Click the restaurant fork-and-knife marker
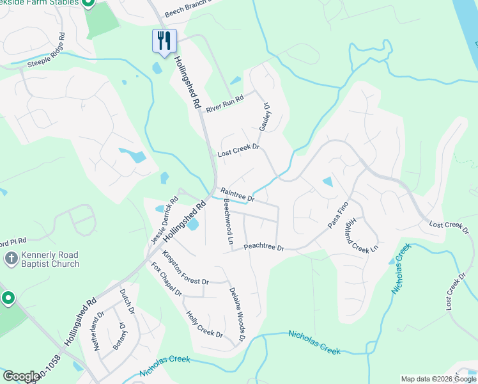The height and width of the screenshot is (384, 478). pyautogui.click(x=164, y=41)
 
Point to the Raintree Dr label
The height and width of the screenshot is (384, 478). pyautogui.click(x=237, y=195)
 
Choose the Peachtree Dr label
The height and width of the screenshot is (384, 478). pyautogui.click(x=263, y=246)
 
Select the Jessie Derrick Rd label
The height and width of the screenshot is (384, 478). pyautogui.click(x=164, y=221)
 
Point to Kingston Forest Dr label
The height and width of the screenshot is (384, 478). pyautogui.click(x=185, y=269)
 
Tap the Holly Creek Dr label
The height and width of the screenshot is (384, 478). pyautogui.click(x=204, y=324)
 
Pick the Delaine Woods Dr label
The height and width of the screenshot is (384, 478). pyautogui.click(x=238, y=313)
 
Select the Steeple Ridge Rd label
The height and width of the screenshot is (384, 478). pyautogui.click(x=45, y=49)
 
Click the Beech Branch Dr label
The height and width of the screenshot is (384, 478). pyautogui.click(x=187, y=8)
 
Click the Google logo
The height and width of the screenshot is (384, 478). pyautogui.click(x=20, y=376)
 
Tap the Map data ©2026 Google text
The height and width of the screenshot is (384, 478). pyautogui.click(x=438, y=379)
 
